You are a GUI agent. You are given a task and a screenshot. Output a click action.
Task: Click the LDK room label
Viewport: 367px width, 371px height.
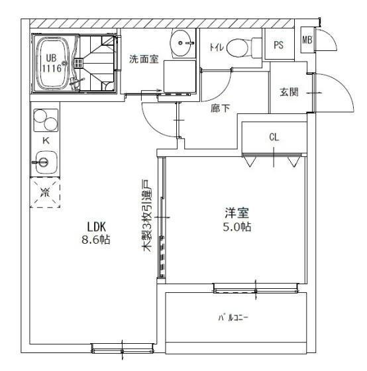(x=96, y=227)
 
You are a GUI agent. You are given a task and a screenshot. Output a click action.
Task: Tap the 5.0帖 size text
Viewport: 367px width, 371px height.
(x=237, y=227)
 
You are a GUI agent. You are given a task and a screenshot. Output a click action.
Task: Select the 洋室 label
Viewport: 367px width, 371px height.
(x=237, y=213)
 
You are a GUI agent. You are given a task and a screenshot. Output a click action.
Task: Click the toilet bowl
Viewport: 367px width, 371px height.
(x=237, y=48)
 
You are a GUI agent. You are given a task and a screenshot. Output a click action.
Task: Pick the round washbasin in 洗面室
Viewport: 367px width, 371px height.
(x=182, y=43)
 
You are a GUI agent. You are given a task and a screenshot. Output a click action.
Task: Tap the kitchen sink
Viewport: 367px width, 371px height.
(x=46, y=162)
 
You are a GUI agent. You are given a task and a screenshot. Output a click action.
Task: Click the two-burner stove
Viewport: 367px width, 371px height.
(x=46, y=120)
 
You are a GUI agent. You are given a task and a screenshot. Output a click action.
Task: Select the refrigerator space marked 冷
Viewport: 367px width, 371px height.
(x=45, y=192)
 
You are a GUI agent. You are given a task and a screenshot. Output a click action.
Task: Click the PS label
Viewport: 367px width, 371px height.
(x=278, y=45)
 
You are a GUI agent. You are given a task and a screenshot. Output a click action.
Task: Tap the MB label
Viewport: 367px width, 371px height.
(x=307, y=40)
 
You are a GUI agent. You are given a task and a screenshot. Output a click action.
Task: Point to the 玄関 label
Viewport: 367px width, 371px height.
(x=289, y=92)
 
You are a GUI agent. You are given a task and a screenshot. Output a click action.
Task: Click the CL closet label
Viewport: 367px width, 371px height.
(x=274, y=137)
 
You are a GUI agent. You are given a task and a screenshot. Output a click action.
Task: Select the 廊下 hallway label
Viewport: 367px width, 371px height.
(x=221, y=109)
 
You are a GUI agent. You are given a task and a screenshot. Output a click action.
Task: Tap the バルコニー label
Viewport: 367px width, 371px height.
(x=233, y=317)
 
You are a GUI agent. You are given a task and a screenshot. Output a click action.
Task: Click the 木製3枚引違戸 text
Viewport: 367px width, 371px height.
(x=146, y=215)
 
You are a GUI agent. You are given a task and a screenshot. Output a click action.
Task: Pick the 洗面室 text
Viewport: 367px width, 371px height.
(x=144, y=59)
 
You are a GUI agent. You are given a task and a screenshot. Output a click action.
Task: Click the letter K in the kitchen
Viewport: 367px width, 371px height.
(x=46, y=140)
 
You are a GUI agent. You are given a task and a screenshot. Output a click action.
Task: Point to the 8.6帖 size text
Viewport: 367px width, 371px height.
(x=96, y=240)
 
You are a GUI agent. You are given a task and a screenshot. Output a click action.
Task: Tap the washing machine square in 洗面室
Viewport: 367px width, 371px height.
(x=180, y=76)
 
